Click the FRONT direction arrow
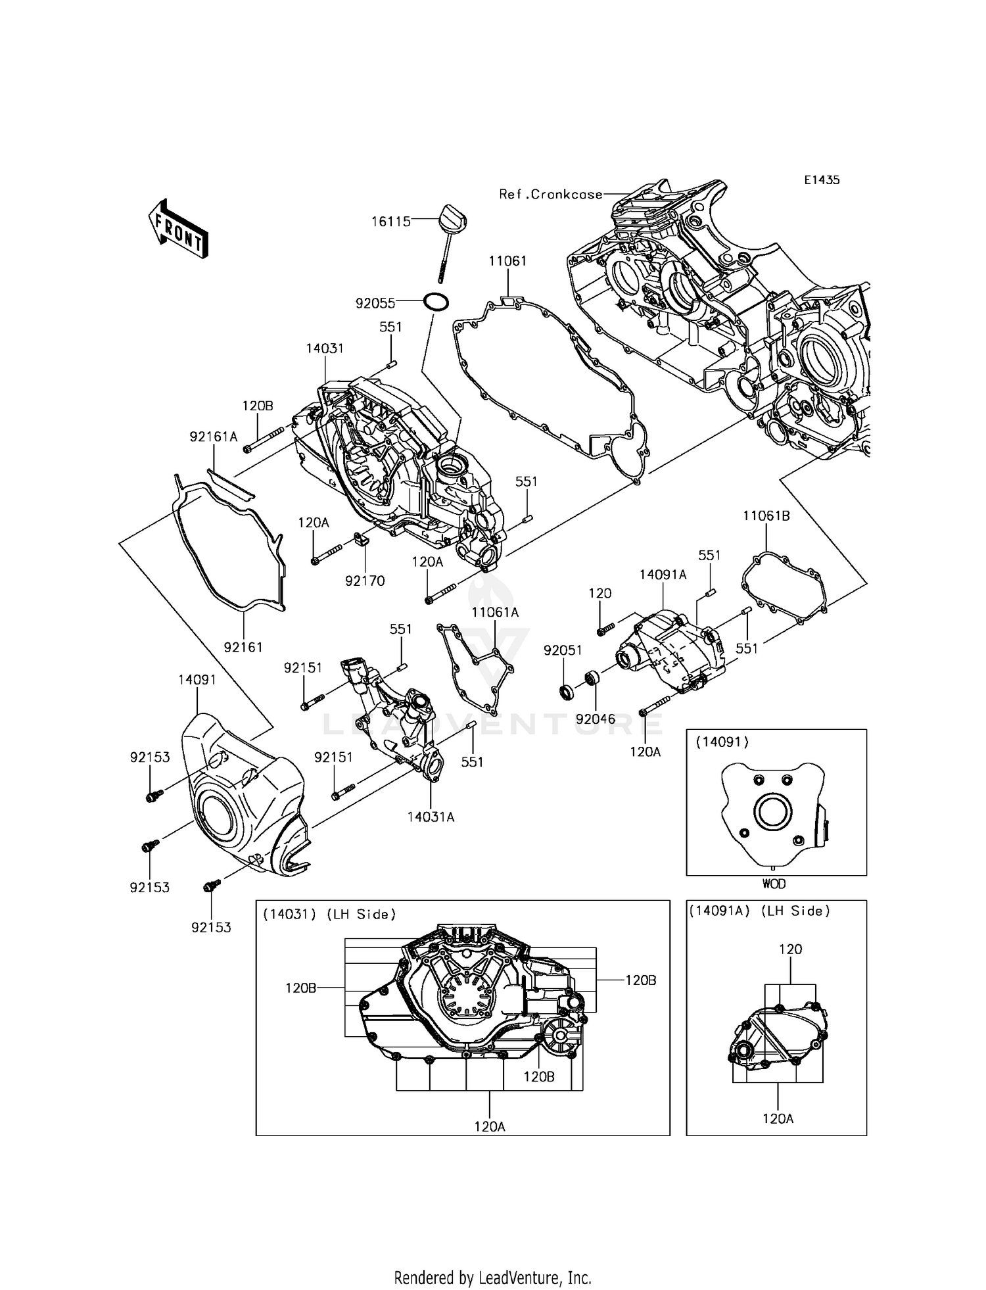(177, 228)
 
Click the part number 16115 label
(391, 222)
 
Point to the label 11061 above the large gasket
(507, 261)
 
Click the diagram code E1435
(822, 179)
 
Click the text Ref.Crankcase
(551, 194)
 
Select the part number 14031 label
(325, 348)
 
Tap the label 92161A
(213, 436)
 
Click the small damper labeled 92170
(361, 540)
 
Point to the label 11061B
(766, 516)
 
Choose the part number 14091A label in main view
(663, 575)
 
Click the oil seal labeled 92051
(565, 691)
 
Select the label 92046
(596, 719)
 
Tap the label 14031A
(431, 817)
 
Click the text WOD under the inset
(774, 884)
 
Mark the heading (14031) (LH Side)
(329, 914)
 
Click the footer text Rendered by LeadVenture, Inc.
(492, 1278)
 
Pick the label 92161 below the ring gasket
(243, 647)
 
